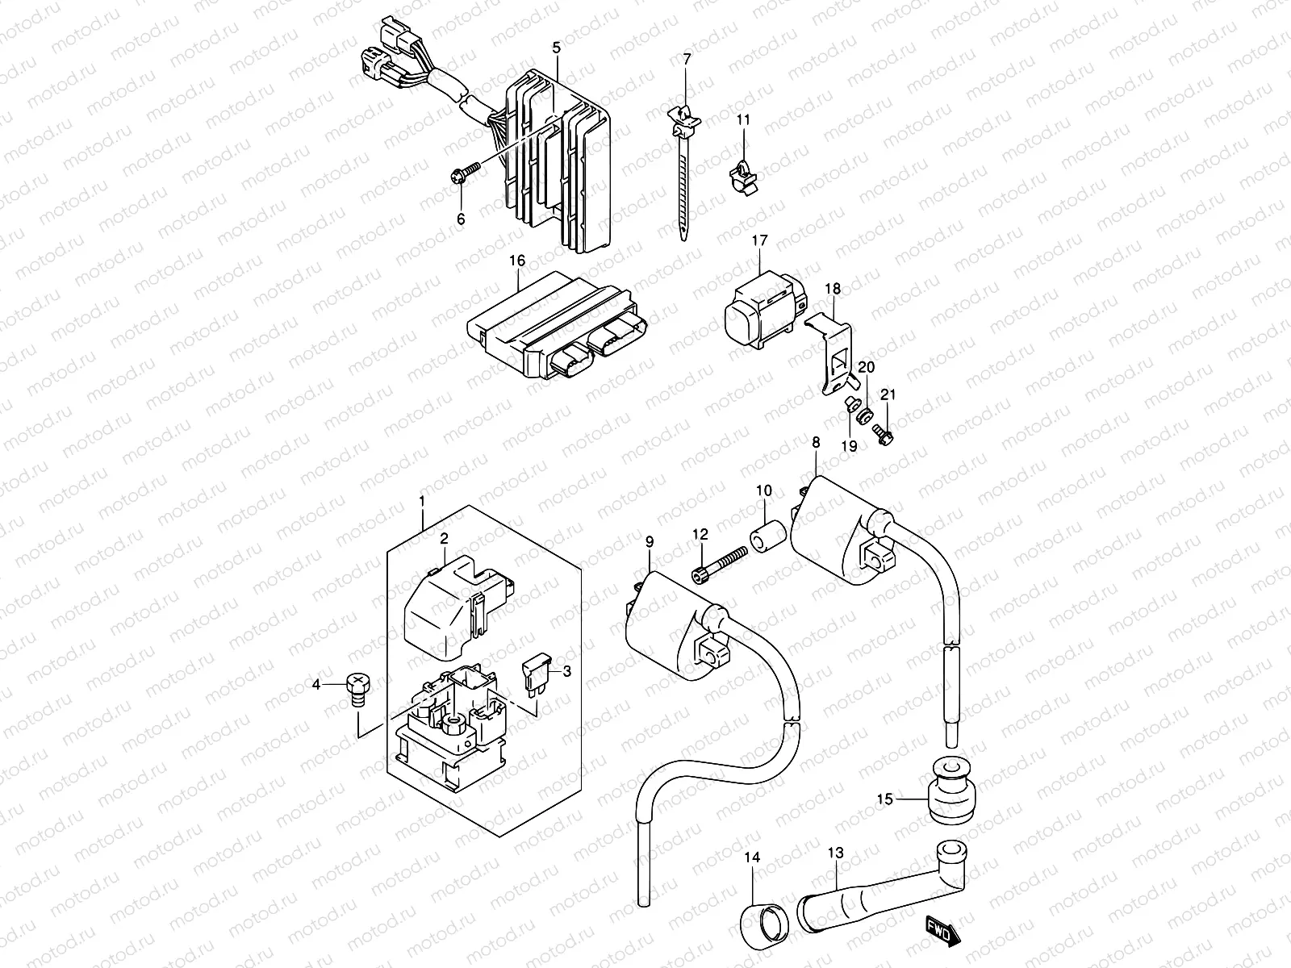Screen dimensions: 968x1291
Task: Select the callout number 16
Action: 517,261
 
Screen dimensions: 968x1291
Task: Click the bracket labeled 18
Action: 831,352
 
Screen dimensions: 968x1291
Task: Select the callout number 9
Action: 650,542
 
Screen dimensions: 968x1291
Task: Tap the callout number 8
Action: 816,442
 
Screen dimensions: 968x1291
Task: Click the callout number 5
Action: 556,48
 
